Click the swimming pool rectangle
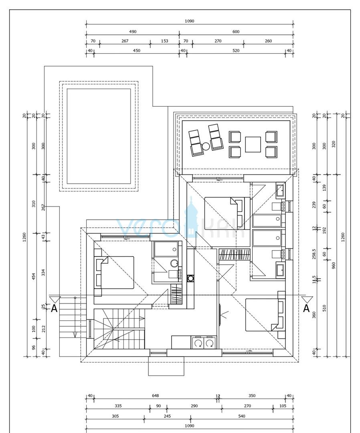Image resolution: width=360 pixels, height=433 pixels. [99, 136]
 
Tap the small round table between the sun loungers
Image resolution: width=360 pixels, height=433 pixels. [206, 146]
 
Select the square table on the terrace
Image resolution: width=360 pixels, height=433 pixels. [253, 144]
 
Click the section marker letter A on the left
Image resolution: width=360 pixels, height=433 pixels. [54, 308]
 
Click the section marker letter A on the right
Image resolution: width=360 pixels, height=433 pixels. [306, 308]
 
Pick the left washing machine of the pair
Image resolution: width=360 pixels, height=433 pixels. [198, 343]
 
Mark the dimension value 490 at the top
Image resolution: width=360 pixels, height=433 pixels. [133, 32]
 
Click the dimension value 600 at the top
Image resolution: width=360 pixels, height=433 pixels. [236, 32]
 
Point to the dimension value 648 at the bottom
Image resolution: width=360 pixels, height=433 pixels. [156, 396]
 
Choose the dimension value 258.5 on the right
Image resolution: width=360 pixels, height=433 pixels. [314, 253]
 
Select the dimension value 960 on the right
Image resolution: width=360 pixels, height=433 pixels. [334, 265]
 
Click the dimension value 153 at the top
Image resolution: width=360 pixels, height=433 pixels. [165, 41]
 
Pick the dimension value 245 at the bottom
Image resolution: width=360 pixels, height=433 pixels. [167, 416]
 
